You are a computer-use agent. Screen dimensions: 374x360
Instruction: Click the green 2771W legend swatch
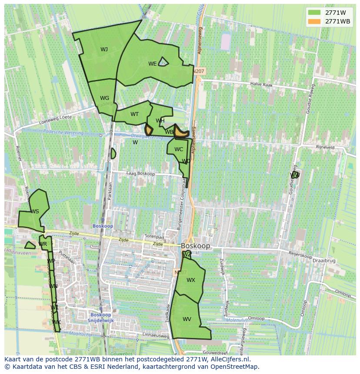[314, 12]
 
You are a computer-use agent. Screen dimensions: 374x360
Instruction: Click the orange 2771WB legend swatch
[314, 21]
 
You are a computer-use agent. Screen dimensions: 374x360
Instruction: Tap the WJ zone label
[104, 49]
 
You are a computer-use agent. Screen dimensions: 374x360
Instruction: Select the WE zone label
[152, 64]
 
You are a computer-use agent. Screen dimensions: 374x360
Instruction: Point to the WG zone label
[104, 98]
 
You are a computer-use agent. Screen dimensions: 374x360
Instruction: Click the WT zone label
[134, 114]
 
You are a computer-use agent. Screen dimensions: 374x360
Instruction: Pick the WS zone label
[35, 212]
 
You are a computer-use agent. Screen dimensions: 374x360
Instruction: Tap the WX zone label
[191, 280]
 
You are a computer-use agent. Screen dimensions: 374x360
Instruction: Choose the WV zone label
[187, 319]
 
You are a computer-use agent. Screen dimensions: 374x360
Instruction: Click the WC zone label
[179, 149]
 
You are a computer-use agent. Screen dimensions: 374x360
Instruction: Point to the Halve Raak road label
[261, 85]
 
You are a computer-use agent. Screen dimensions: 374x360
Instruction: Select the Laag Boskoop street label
[140, 174]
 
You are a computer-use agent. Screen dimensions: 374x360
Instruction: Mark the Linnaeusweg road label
[154, 336]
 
